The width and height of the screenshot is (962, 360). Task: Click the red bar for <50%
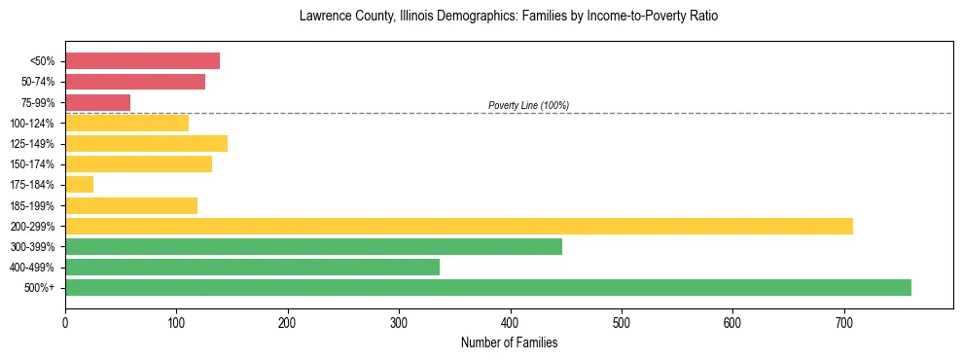coord(142,61)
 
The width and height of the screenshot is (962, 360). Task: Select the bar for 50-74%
coord(135,82)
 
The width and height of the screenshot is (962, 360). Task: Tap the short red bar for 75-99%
coord(97,102)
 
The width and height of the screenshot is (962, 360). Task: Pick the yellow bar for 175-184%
coord(79,185)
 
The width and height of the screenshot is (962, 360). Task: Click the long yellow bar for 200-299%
coord(458,226)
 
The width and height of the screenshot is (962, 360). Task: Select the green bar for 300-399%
coord(313,246)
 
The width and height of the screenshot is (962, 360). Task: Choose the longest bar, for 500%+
coord(487,287)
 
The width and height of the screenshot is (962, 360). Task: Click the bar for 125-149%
coord(146,144)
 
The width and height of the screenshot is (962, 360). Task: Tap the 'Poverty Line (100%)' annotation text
coord(528,105)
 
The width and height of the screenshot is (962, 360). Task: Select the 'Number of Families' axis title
coord(509,342)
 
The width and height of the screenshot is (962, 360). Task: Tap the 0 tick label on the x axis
coord(65,322)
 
